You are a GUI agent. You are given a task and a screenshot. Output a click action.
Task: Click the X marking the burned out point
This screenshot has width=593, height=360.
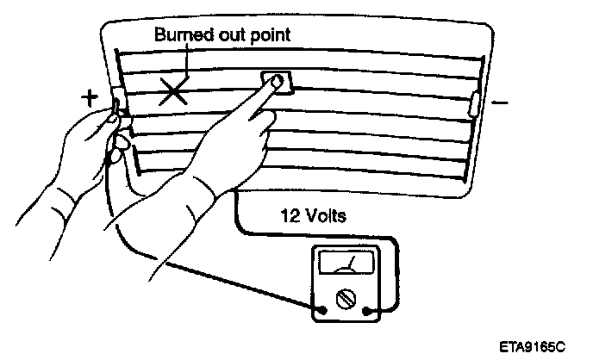pyautogui.click(x=174, y=90)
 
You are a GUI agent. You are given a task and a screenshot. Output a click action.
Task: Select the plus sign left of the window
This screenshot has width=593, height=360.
pyautogui.click(x=90, y=97)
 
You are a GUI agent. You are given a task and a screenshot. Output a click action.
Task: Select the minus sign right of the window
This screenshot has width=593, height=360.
pyautogui.click(x=499, y=102)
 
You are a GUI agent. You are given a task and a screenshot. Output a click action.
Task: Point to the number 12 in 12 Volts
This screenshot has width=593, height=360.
pyautogui.click(x=290, y=215)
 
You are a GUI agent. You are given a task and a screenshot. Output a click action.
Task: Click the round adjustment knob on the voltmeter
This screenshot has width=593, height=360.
pyautogui.click(x=345, y=299)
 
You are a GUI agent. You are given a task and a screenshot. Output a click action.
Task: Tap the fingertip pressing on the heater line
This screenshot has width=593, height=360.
pyautogui.click(x=274, y=83)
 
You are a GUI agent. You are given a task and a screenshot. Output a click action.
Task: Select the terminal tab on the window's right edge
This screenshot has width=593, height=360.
pyautogui.click(x=473, y=103)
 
